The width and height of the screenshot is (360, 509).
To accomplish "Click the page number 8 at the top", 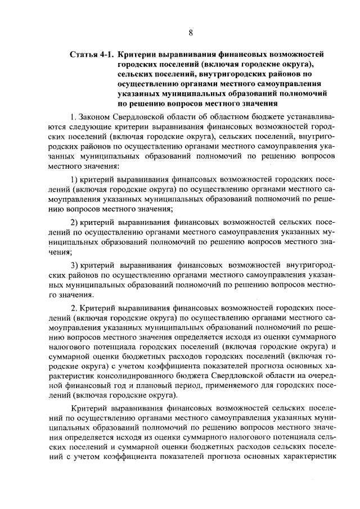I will (191, 32).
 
